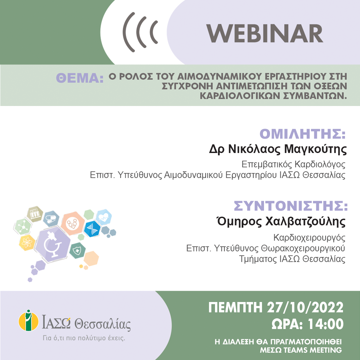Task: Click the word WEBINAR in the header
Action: click(x=265, y=34)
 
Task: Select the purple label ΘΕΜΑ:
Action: click(x=80, y=78)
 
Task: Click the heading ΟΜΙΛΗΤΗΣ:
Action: click(x=303, y=134)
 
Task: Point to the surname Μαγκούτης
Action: click(x=315, y=149)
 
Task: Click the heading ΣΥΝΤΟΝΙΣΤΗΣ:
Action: click(x=291, y=206)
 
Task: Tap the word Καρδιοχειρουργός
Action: click(x=309, y=238)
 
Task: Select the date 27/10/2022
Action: click(x=305, y=307)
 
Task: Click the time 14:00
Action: click(x=326, y=324)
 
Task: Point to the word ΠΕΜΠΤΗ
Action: click(x=235, y=307)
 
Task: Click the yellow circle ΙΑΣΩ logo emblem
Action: click(x=28, y=321)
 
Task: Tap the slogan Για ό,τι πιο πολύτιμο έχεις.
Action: click(x=84, y=338)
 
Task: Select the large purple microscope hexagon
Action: click(x=52, y=244)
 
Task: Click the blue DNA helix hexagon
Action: click(x=92, y=229)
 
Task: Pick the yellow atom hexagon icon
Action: click(x=27, y=243)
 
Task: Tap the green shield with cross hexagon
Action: click(x=77, y=250)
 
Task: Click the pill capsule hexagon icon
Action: click(x=51, y=219)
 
